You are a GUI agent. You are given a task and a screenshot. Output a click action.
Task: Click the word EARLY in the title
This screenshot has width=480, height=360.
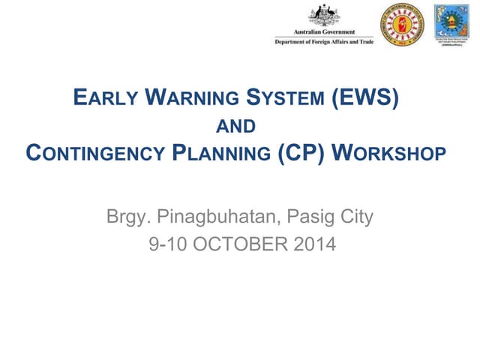[106, 97]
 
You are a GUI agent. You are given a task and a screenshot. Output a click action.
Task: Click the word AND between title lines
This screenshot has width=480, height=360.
[240, 127]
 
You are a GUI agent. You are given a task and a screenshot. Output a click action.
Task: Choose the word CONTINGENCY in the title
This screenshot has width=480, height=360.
[92, 154]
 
